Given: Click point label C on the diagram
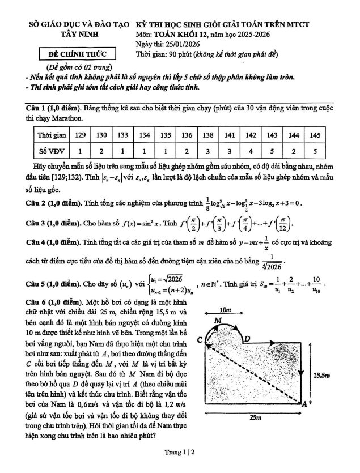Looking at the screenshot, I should [200, 339].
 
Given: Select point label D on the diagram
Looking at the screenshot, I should [247, 339].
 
